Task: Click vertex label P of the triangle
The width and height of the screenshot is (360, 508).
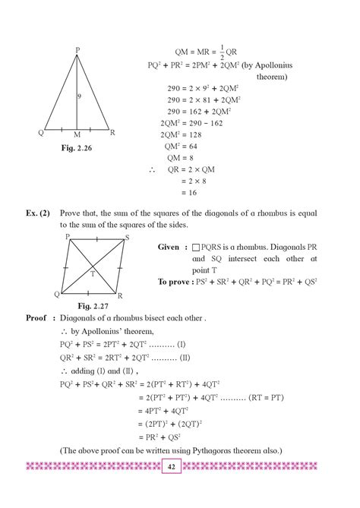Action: pos(77,50)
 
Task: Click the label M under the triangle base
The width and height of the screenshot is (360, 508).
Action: pos(77,135)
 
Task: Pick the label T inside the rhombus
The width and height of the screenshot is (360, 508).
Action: pos(92,273)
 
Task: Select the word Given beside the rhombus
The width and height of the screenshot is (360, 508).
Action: pos(168,248)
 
